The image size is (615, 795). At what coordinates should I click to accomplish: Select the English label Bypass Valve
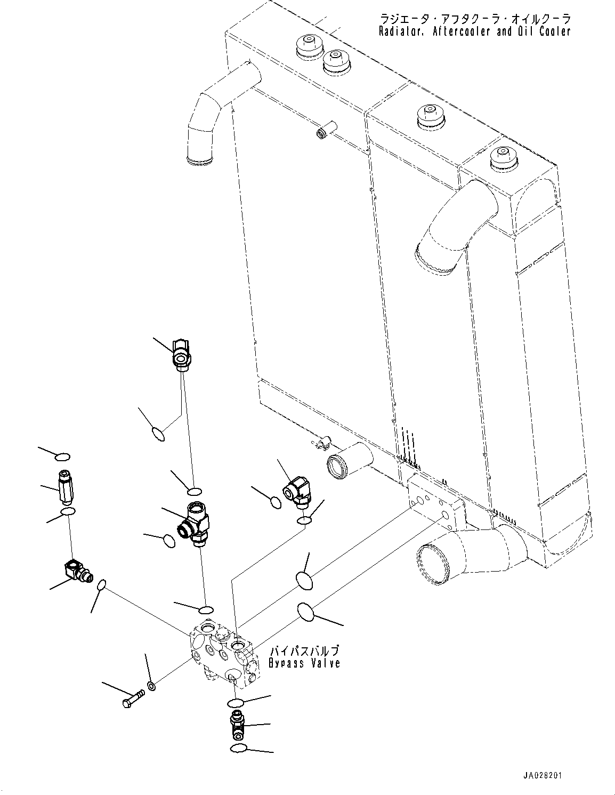pyautogui.click(x=304, y=663)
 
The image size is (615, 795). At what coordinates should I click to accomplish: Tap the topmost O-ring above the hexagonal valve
pyautogui.click(x=62, y=457)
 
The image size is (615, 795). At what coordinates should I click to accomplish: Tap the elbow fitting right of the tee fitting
pyautogui.click(x=297, y=492)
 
